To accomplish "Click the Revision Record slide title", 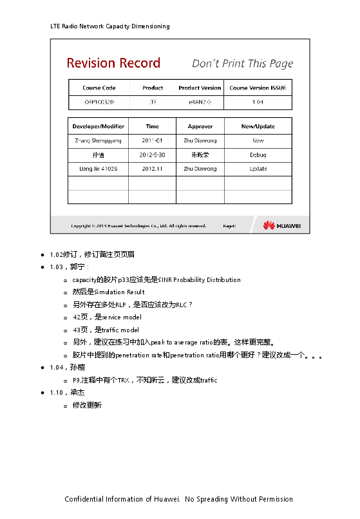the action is (113, 63).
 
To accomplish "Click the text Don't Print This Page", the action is (242, 63).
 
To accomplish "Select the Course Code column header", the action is (99, 88).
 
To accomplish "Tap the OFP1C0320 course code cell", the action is (99, 102).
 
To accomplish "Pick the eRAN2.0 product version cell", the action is (200, 102).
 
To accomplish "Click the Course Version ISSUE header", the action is (258, 88).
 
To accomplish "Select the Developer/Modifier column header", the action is (99, 126).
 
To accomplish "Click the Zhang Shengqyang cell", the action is (99, 140).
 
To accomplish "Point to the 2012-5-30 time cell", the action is (153, 155).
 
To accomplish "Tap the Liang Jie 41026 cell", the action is (99, 169).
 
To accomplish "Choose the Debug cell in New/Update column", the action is (258, 155).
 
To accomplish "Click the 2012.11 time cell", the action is (153, 169).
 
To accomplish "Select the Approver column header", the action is (200, 126).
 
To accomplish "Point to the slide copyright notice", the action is (138, 226).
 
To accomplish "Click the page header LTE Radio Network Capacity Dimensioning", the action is (110, 26).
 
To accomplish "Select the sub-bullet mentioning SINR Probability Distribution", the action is (156, 280).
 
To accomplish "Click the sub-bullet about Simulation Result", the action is (109, 292).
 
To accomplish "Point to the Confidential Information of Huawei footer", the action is (179, 499).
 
